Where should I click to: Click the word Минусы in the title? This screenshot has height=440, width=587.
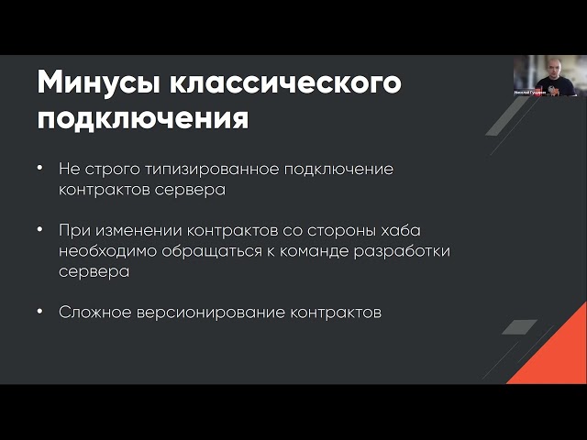pos(99,82)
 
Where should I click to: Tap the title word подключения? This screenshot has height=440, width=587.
pos(142,118)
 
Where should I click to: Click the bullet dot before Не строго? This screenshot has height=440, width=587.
pos(40,170)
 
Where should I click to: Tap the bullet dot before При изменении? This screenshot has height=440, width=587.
pos(40,230)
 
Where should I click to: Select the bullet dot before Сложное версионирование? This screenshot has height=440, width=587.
pos(40,312)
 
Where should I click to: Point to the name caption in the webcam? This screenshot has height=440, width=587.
pos(526,93)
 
